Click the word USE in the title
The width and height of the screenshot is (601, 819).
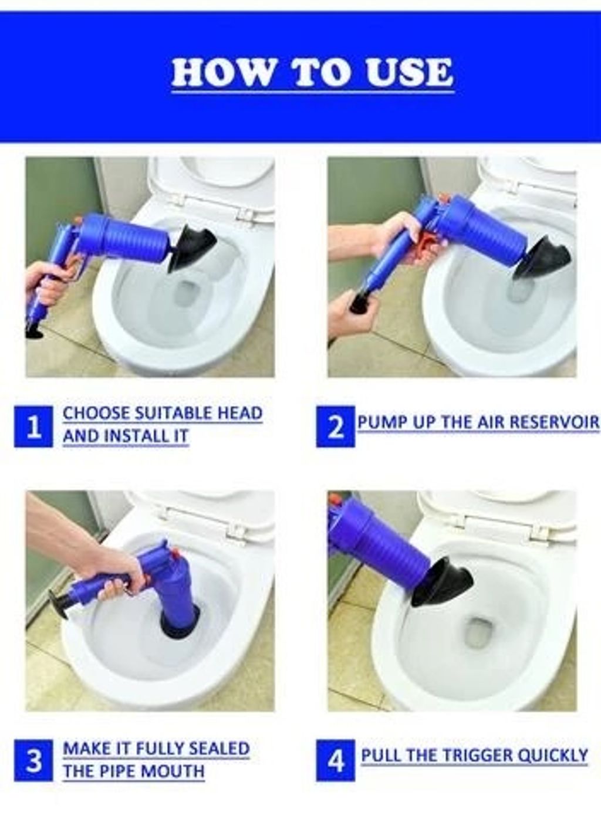[x=409, y=73]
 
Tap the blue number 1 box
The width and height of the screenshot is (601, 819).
[x=33, y=427]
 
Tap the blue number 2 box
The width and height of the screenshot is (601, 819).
[x=335, y=427]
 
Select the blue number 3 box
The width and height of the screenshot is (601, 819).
[x=33, y=760]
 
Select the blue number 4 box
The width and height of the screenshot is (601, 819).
[x=335, y=760]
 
